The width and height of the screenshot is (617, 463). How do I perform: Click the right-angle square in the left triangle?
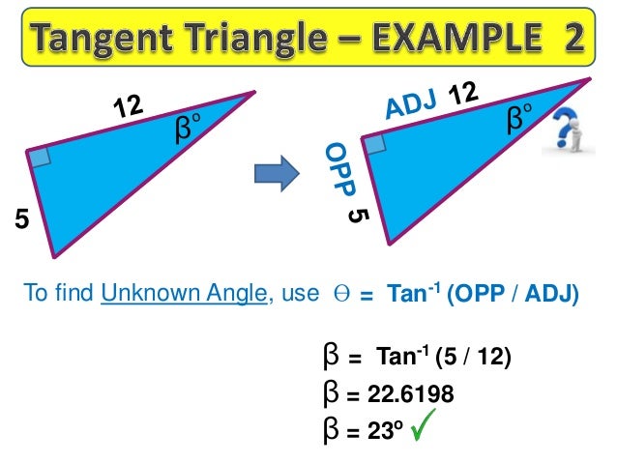pos(40,158)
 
